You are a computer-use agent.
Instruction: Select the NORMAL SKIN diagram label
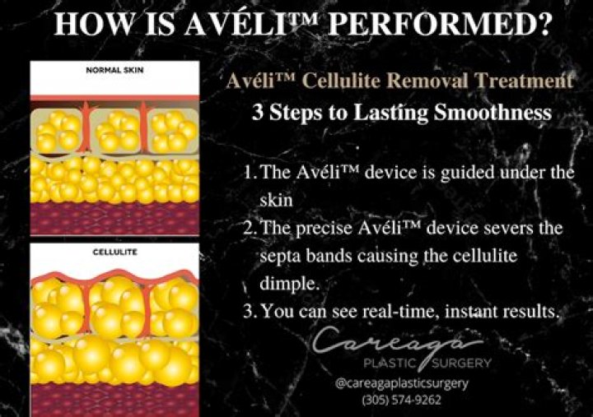click(x=115, y=70)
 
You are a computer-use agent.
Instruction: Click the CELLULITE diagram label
click(x=115, y=253)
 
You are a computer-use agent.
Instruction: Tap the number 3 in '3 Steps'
click(x=258, y=113)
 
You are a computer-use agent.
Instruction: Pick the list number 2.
click(x=250, y=228)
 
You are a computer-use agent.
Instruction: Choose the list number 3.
click(x=250, y=312)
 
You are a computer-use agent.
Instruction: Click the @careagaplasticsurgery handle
click(x=401, y=383)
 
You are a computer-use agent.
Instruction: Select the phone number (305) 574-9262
click(x=401, y=401)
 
